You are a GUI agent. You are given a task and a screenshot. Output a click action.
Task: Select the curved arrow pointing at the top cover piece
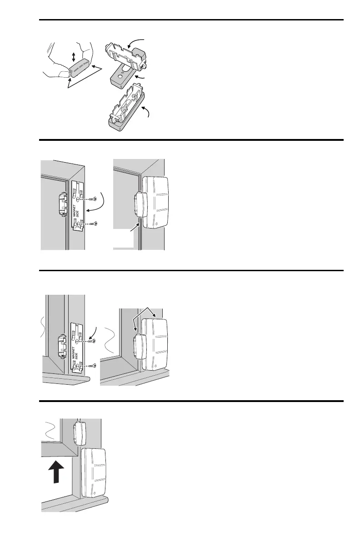136,43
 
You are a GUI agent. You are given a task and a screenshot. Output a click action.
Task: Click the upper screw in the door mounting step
93,199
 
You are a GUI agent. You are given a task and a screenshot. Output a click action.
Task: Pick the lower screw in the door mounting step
93,223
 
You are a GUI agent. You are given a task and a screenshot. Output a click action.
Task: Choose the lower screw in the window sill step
93,365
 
